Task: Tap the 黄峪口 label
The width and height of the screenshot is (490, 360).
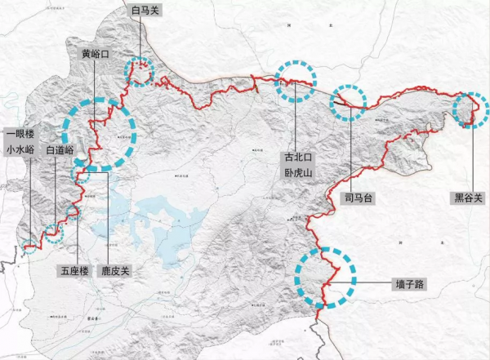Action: tap(96, 53)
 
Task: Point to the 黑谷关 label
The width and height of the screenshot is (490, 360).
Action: tap(471, 198)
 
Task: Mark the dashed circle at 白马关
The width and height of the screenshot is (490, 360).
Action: tap(140, 72)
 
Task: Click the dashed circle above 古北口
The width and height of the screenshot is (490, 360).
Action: tap(294, 81)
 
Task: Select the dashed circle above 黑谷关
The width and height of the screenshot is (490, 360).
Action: tap(469, 110)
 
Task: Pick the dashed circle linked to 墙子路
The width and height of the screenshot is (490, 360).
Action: tap(326, 276)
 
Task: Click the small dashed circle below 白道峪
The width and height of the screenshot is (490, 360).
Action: tap(53, 233)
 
